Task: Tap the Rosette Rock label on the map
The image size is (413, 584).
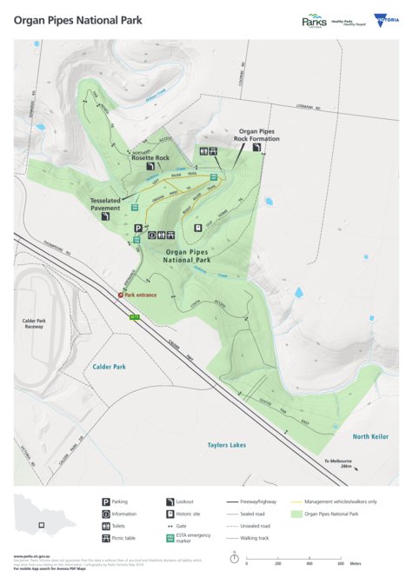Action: (x=150, y=157)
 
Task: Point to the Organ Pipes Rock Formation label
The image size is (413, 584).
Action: (x=258, y=135)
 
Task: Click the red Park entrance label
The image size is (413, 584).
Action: (x=141, y=295)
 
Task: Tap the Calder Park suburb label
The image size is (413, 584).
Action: (x=109, y=367)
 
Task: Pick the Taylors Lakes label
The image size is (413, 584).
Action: (x=226, y=444)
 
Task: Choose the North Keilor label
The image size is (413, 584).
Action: (x=370, y=435)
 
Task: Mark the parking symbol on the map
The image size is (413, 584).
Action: (x=137, y=229)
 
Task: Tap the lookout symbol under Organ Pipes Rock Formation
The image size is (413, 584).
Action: (x=257, y=149)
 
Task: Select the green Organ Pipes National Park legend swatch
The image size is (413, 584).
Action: (x=297, y=514)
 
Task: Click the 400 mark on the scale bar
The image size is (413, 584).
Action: (x=310, y=564)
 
